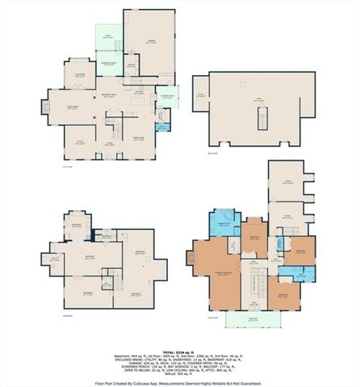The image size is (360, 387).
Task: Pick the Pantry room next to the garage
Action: [131, 67]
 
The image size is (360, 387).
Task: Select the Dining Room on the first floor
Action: [138, 138]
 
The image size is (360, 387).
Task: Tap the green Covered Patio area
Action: [165, 101]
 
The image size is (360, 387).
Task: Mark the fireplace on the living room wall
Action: [47, 106]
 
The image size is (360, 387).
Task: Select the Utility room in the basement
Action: [55, 258]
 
